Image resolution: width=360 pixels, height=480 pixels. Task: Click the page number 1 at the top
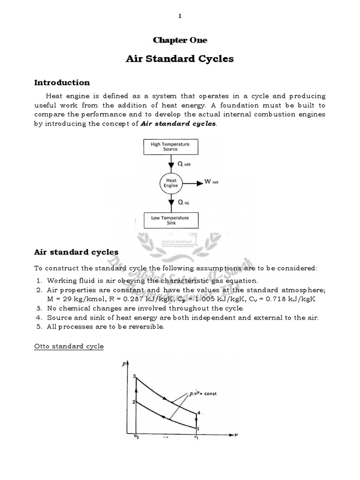pos(180,16)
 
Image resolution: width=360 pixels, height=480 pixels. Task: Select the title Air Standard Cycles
pos(180,59)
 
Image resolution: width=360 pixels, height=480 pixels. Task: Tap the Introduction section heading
pos(62,83)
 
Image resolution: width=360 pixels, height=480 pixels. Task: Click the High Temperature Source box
pos(170,147)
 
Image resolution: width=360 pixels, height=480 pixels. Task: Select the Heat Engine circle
pos(171,183)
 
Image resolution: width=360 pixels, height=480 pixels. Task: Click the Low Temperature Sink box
pos(170,220)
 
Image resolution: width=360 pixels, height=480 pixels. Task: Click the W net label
pos(212,182)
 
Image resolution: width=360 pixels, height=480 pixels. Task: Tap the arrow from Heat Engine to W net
pos(192,182)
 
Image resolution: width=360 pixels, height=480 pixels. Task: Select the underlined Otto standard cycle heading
pos(69,346)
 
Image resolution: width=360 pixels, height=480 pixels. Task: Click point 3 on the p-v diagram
pos(135,377)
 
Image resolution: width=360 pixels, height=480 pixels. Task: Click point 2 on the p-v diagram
pos(134,402)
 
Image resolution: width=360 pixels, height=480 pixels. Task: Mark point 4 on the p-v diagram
pos(199,412)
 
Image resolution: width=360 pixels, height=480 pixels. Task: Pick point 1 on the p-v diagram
pos(198,428)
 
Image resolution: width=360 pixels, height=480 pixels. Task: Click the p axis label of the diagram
pos(125,365)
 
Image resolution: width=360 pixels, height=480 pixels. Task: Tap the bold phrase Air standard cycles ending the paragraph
pos(179,124)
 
